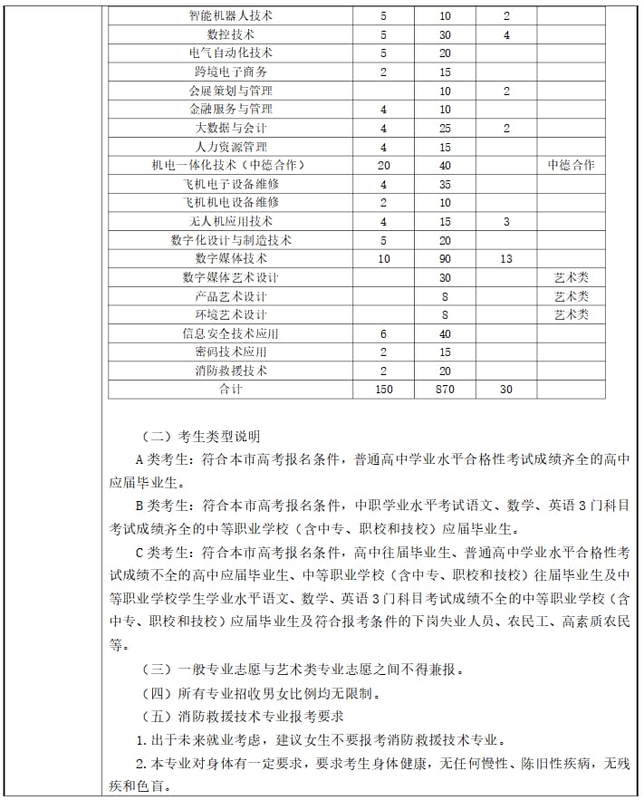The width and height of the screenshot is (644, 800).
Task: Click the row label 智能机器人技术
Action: pyautogui.click(x=230, y=15)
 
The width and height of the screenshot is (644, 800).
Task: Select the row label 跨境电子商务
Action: pyautogui.click(x=230, y=72)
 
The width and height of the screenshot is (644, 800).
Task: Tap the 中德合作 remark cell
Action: pyautogui.click(x=571, y=165)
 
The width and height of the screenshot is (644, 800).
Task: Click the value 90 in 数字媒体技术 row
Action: pyautogui.click(x=445, y=259)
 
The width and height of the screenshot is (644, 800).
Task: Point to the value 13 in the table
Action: pyautogui.click(x=505, y=259)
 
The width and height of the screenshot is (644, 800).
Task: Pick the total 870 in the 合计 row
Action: pyautogui.click(x=445, y=390)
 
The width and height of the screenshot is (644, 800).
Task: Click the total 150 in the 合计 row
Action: pyautogui.click(x=384, y=390)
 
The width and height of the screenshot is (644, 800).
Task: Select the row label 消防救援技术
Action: pyautogui.click(x=230, y=371)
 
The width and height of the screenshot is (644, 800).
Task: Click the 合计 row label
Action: pyautogui.click(x=230, y=390)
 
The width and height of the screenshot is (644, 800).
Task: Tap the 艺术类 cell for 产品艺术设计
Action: pyautogui.click(x=571, y=296)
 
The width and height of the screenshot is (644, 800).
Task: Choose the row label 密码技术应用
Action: pyautogui.click(x=230, y=352)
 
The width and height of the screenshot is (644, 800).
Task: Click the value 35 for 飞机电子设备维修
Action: pyautogui.click(x=445, y=184)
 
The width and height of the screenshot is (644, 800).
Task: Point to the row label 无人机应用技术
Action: pyautogui.click(x=230, y=221)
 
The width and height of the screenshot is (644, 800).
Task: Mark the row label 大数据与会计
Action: pyautogui.click(x=230, y=128)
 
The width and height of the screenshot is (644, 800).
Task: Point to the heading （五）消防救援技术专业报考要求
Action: pyautogui.click(x=245, y=717)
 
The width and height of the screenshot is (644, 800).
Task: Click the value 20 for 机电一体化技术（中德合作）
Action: pyautogui.click(x=384, y=165)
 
